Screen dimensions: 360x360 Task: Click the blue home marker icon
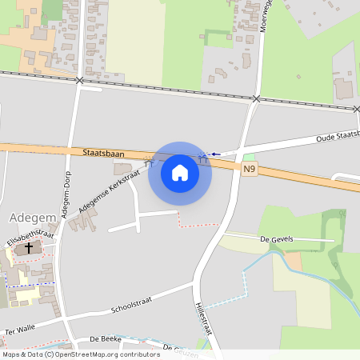180,173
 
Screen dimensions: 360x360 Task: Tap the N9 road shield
250,169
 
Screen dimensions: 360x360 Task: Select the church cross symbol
30,249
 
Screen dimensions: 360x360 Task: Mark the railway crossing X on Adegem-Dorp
79,81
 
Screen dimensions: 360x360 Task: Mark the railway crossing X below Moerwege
256,98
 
